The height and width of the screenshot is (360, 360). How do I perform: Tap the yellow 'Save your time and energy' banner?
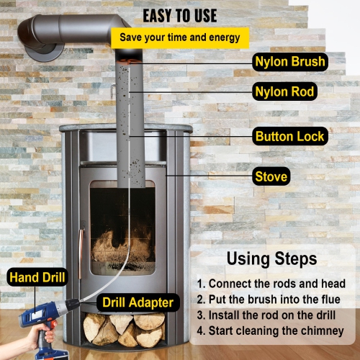184,37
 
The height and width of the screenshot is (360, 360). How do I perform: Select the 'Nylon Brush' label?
290,62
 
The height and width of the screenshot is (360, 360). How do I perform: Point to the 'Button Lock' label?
290,136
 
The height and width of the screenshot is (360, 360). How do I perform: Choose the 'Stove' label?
271,176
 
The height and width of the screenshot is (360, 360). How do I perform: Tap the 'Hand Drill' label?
37,276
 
